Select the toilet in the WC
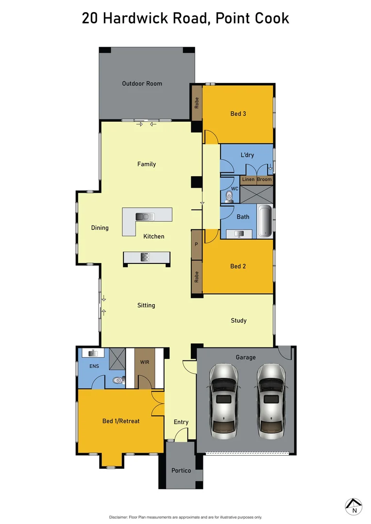click(x=230, y=196)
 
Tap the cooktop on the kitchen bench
click(x=144, y=257)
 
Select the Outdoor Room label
click(x=142, y=83)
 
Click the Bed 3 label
click(x=238, y=114)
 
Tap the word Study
click(x=238, y=320)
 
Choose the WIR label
click(x=144, y=362)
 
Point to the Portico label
click(x=181, y=471)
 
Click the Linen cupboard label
click(x=248, y=180)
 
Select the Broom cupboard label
click(x=265, y=180)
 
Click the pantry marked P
click(x=196, y=245)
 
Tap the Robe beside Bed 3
click(x=196, y=102)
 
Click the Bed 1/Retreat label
click(x=121, y=421)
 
